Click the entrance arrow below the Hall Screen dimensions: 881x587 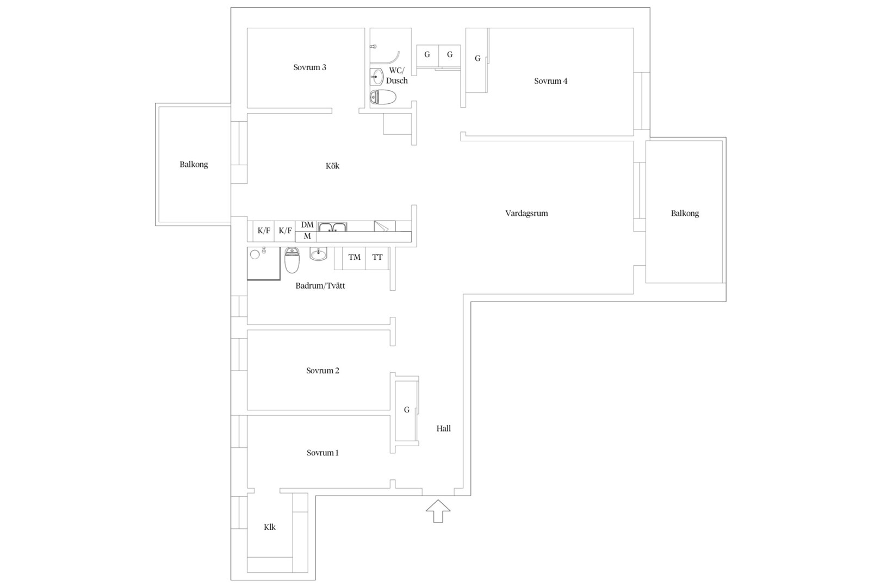point(438,511)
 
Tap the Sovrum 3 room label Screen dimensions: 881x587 point(309,67)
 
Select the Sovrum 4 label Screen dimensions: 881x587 point(550,81)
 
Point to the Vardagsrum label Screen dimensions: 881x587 point(526,213)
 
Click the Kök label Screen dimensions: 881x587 point(332,166)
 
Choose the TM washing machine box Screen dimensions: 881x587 point(354,258)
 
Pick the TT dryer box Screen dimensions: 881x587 point(377,258)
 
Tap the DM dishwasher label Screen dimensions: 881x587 point(307,225)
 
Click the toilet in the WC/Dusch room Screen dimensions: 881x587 point(383,97)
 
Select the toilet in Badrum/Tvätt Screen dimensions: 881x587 point(292,260)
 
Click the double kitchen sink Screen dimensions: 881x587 point(332,227)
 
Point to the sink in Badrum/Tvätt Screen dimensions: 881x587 point(318,254)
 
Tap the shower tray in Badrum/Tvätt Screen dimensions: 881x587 point(264,264)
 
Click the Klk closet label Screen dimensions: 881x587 point(270,527)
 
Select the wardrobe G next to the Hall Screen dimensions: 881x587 point(407,410)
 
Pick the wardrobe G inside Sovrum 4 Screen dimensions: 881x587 point(477,60)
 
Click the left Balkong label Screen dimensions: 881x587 point(194,164)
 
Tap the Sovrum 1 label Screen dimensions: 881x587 point(322,453)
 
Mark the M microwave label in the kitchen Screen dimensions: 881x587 point(307,236)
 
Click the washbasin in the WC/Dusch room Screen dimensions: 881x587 point(377,77)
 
